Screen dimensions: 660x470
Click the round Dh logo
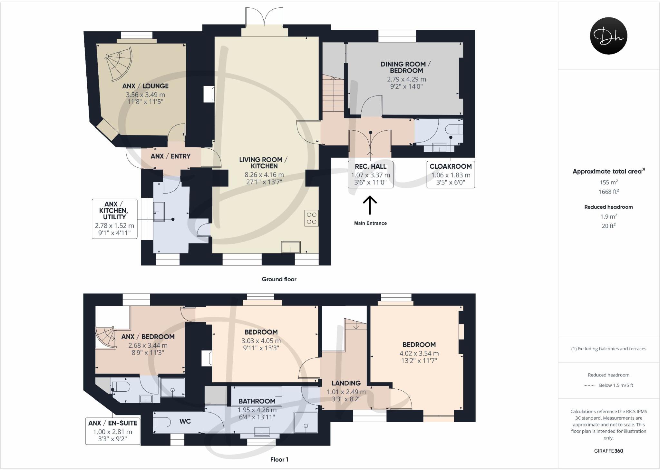(608, 36)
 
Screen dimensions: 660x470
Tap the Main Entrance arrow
(370, 205)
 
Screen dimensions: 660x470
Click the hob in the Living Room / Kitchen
(311, 218)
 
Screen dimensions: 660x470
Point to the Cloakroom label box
(451, 175)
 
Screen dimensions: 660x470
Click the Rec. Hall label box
(370, 175)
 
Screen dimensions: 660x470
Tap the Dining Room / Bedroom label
(406, 67)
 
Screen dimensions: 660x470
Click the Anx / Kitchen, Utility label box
(114, 219)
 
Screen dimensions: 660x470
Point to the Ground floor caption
(279, 279)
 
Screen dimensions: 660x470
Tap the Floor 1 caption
(279, 459)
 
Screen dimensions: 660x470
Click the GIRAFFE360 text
(608, 451)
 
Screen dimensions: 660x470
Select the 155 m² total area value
(608, 182)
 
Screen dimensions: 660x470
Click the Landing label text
(346, 383)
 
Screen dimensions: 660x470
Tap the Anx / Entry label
(170, 156)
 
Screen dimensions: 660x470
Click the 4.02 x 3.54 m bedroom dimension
(419, 353)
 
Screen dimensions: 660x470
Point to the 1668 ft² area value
(608, 192)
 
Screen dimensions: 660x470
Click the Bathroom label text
(257, 401)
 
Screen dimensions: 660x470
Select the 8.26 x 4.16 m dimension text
(264, 175)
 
